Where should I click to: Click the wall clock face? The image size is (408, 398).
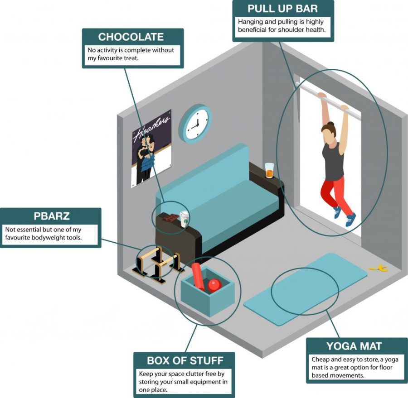coord(196,124)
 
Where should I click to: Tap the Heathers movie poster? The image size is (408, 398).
coord(151,148)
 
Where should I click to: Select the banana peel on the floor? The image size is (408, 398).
coord(379,269)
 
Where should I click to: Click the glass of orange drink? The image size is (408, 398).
coord(270,171)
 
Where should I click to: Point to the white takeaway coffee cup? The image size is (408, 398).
coord(184,219)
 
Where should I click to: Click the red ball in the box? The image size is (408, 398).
coord(214,285)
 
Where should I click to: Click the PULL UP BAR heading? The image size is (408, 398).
coord(282,9)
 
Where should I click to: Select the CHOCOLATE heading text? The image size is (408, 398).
coord(131,37)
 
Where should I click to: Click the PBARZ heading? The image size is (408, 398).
coord(52,216)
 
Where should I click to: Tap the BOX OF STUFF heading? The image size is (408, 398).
coord(185,360)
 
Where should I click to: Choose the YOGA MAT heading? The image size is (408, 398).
coord(354,346)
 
